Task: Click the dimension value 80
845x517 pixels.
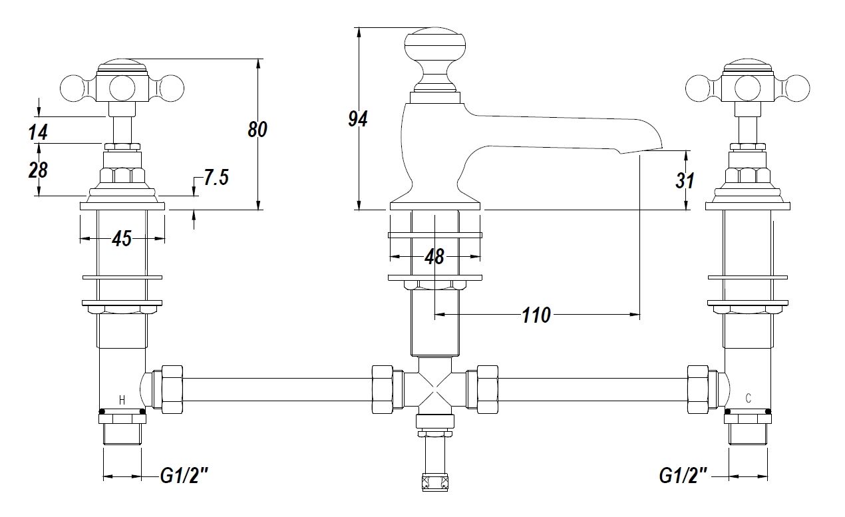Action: [x=257, y=130]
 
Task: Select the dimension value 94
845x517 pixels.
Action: [x=358, y=118]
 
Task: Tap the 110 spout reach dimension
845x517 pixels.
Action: [x=536, y=315]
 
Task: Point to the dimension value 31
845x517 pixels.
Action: [x=685, y=180]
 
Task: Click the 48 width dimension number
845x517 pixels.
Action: [x=434, y=256]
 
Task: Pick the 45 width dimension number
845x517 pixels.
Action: [x=122, y=239]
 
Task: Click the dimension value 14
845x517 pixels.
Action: [x=39, y=132]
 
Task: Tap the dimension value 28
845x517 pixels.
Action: [x=39, y=170]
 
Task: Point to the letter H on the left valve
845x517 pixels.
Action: [x=122, y=400]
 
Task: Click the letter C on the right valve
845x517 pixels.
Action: [x=749, y=399]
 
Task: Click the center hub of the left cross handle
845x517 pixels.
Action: [x=122, y=87]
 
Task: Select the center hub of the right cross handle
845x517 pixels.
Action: [x=748, y=87]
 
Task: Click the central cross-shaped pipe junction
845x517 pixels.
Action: [x=434, y=389]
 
